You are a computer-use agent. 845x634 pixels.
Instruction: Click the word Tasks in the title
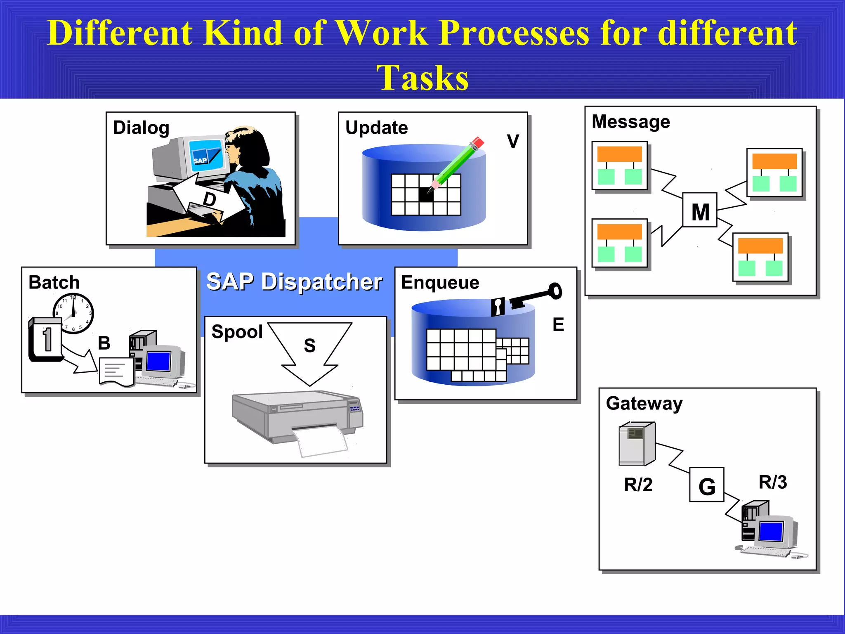click(x=422, y=78)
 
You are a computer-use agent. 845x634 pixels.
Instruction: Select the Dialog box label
click(x=141, y=128)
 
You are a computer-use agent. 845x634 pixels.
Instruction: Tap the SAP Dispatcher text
click(x=294, y=282)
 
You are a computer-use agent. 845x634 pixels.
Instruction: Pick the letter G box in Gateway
click(x=706, y=485)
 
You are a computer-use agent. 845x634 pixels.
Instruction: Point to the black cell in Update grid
click(x=426, y=194)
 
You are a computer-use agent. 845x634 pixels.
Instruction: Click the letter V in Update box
click(x=513, y=142)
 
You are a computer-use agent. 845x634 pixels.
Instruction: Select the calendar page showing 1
click(x=46, y=340)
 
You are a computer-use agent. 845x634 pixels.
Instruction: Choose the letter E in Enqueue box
click(x=558, y=325)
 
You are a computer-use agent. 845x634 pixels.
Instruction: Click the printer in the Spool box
click(x=297, y=417)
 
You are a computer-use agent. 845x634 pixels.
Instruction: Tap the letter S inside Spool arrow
click(x=310, y=346)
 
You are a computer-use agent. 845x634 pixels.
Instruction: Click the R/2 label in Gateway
click(x=638, y=485)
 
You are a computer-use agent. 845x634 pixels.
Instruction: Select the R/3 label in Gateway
click(x=772, y=482)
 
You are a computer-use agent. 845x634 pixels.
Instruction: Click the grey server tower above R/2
click(x=636, y=444)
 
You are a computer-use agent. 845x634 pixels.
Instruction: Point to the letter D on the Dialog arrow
click(x=210, y=199)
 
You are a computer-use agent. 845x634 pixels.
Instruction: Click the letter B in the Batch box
click(x=104, y=343)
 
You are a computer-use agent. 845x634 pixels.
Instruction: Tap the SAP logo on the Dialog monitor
click(x=201, y=160)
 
